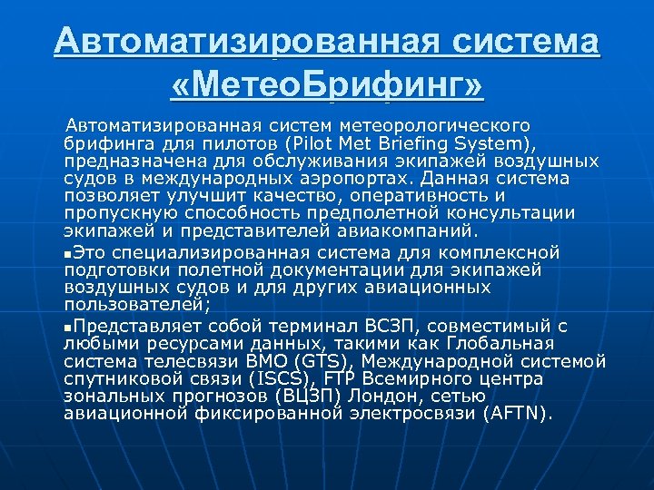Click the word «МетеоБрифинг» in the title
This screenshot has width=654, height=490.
click(x=327, y=88)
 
